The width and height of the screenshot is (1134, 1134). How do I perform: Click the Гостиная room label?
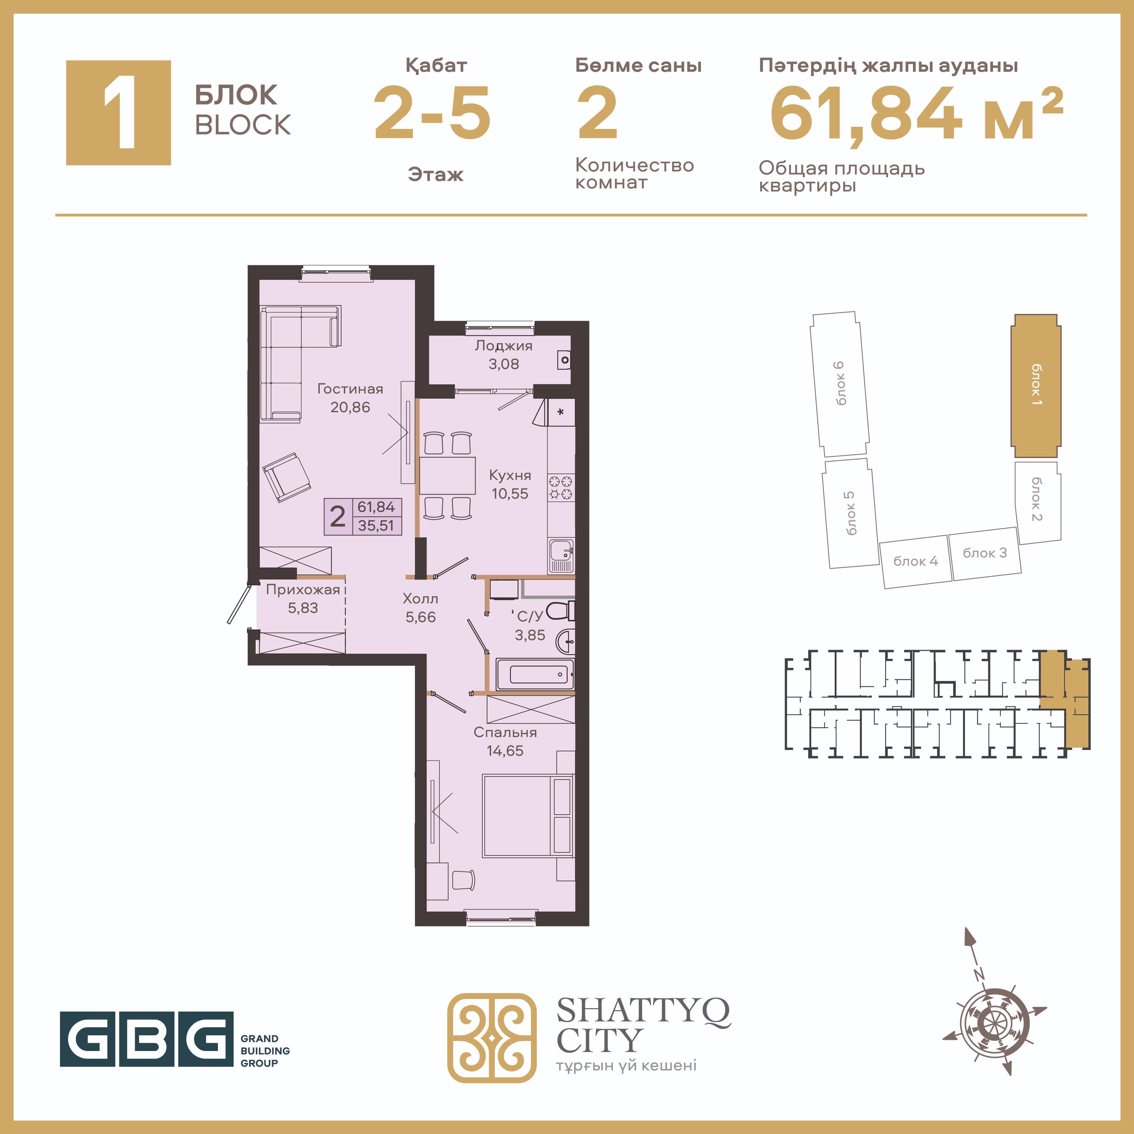(350, 388)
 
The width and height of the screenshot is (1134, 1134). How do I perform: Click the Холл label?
(420, 599)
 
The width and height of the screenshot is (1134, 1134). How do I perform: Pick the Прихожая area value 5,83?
(303, 608)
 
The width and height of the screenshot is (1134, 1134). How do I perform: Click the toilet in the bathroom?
(561, 611)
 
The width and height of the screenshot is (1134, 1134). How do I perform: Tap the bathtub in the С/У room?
(535, 674)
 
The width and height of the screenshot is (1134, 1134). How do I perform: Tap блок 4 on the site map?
(916, 561)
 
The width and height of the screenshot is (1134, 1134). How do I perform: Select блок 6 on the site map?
(839, 384)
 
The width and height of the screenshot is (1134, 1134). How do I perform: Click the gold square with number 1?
(119, 113)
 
